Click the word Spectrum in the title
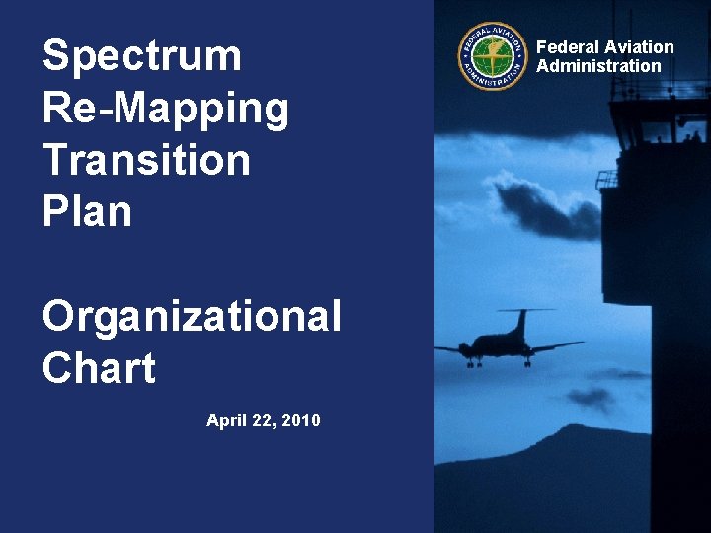[141, 56]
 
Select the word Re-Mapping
[166, 109]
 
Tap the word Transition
[146, 160]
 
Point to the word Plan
[87, 211]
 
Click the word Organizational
[192, 318]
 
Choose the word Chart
[99, 369]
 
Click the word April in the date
[226, 420]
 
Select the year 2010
[301, 420]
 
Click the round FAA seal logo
[493, 56]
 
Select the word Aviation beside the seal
[639, 47]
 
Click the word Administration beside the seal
[598, 66]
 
